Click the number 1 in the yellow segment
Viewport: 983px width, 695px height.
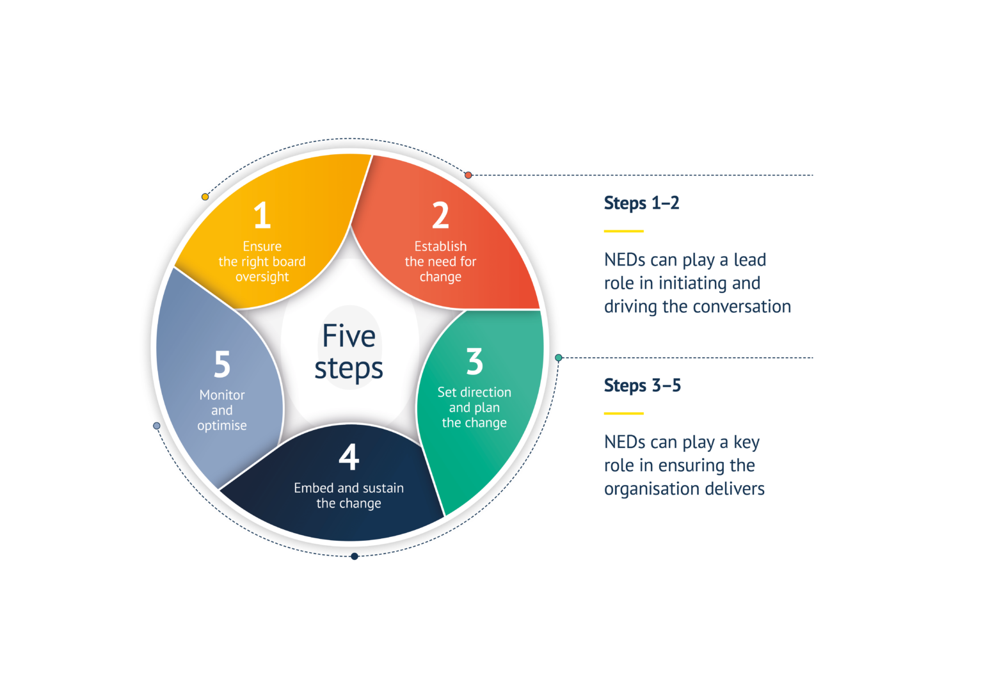262,216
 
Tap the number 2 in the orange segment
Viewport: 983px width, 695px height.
440,216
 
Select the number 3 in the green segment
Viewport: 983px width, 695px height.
474,362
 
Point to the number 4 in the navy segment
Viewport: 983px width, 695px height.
349,458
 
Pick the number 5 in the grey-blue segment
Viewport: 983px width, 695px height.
222,364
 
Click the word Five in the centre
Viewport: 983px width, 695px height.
349,336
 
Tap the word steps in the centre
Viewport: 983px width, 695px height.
349,369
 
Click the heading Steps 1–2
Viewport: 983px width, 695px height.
641,204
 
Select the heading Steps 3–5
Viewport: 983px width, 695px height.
642,385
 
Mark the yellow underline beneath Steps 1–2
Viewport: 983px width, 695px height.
624,231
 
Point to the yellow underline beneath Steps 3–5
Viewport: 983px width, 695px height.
624,413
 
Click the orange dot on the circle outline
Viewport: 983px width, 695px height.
468,175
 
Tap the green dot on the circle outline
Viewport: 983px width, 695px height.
559,358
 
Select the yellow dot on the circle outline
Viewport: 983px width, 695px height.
205,196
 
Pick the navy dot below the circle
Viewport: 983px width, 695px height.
355,557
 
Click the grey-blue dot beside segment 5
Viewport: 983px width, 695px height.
157,426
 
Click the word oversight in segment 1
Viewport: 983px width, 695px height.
262,277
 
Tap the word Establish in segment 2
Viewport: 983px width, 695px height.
440,246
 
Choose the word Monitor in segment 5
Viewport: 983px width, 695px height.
222,395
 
